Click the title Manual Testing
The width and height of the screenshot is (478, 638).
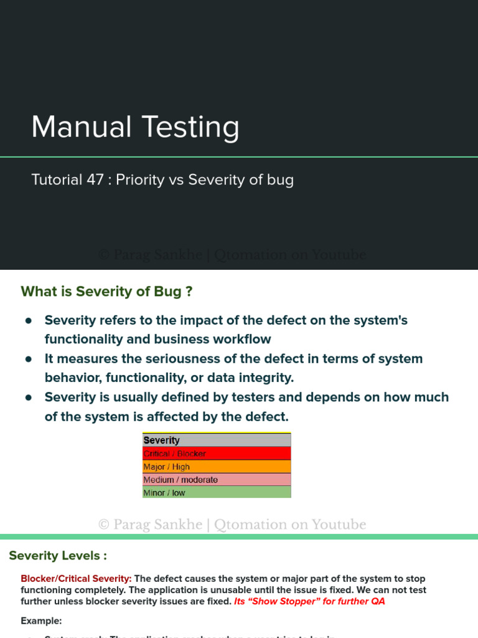point(135,127)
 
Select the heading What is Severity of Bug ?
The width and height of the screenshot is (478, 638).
point(106,292)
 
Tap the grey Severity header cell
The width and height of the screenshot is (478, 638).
point(217,440)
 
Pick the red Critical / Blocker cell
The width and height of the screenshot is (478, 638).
point(217,454)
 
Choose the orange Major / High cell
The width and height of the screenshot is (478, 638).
point(217,467)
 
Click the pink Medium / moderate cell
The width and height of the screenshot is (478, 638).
point(217,480)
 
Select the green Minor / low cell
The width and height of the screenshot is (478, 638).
point(217,493)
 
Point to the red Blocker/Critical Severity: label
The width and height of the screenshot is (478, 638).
point(76,579)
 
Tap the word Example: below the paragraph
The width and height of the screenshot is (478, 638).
point(41,621)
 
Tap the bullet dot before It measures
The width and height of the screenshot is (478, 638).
point(29,359)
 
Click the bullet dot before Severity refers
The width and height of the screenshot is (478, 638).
point(29,321)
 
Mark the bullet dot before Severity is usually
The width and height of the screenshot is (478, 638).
point(29,398)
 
